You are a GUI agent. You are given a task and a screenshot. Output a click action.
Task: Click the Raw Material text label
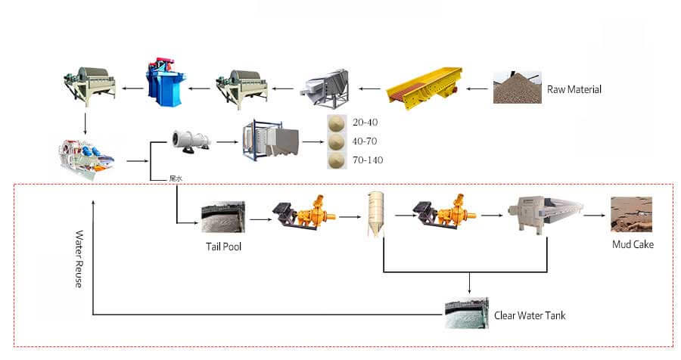(x=574, y=89)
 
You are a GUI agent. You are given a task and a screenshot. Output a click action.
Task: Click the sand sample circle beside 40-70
(x=338, y=141)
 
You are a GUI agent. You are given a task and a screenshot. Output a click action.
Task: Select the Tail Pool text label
(x=223, y=246)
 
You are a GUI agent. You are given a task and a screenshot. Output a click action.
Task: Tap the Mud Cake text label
(x=633, y=245)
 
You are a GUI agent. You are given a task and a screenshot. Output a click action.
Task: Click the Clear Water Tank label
(x=530, y=315)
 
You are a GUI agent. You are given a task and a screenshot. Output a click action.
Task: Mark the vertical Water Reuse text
(x=79, y=258)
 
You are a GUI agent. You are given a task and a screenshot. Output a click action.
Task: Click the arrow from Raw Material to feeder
(x=477, y=89)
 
